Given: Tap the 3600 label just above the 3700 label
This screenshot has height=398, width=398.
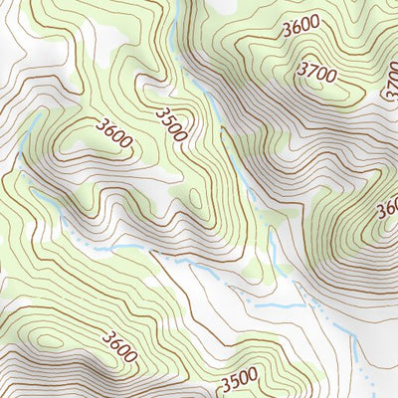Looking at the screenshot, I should coord(300,27).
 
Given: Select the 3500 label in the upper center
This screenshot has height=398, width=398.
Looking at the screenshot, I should coord(170,123).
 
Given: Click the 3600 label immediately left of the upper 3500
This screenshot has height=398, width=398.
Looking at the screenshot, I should coord(115,133).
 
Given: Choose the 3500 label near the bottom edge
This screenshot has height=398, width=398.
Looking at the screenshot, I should coord(239,379).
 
